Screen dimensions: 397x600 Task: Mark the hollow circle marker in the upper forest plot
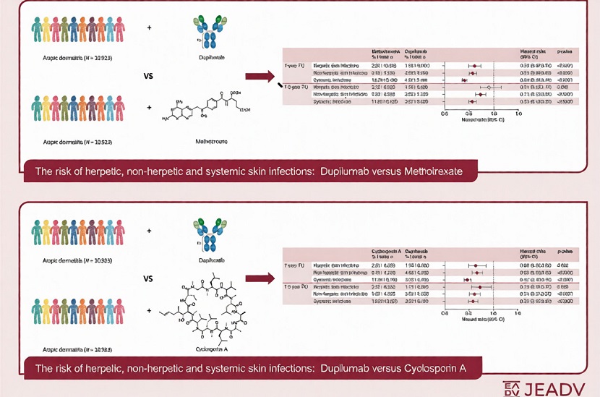(x=489, y=87)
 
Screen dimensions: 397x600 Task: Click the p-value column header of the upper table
(x=565, y=53)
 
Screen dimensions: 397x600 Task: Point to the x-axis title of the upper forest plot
(x=481, y=119)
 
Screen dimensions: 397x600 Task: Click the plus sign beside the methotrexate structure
(x=150, y=108)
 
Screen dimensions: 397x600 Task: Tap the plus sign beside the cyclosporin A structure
(x=150, y=311)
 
